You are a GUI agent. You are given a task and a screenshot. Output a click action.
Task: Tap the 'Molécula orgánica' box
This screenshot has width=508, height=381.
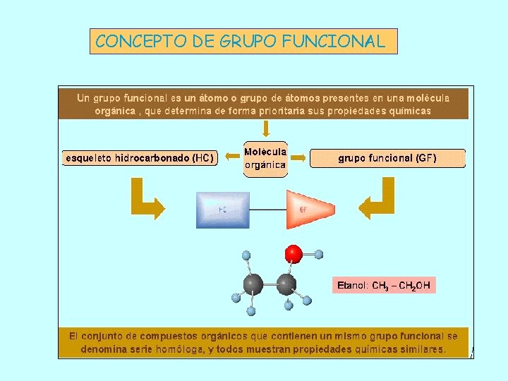(265, 159)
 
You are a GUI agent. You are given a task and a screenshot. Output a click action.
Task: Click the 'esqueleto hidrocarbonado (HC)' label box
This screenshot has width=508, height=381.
(139, 158)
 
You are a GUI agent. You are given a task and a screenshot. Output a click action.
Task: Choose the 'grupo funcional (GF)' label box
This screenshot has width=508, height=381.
(387, 158)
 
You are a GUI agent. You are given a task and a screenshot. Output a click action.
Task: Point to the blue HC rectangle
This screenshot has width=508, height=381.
(222, 210)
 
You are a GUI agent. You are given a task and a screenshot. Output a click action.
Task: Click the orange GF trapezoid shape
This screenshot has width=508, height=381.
(308, 209)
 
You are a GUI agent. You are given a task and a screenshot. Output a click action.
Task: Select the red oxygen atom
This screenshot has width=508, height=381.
(294, 253)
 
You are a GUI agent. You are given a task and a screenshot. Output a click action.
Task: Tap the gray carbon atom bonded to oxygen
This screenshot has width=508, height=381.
(286, 284)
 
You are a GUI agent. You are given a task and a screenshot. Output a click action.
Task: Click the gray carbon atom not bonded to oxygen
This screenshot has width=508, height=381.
(253, 284)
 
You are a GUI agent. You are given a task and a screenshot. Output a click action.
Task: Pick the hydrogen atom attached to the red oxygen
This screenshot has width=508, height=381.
(319, 254)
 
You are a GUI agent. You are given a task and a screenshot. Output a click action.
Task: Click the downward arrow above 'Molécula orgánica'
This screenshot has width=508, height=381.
(265, 128)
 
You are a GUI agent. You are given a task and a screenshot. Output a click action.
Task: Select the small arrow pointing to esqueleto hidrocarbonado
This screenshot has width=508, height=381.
(229, 158)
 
